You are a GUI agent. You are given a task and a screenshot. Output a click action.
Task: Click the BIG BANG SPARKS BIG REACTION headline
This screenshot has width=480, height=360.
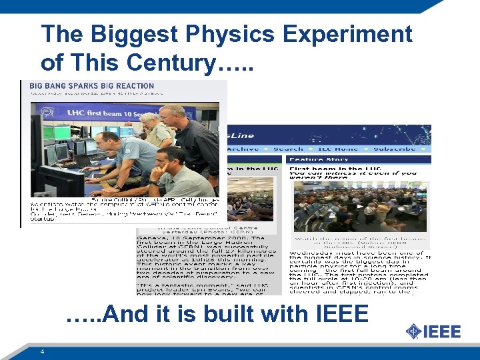point(83,86)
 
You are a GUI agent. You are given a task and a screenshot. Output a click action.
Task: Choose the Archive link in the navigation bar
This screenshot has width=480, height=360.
point(245,149)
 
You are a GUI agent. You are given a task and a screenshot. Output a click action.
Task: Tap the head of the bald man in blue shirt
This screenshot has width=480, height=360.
point(106,140)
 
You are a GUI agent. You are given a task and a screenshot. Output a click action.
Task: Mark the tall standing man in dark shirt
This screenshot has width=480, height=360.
point(190,137)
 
